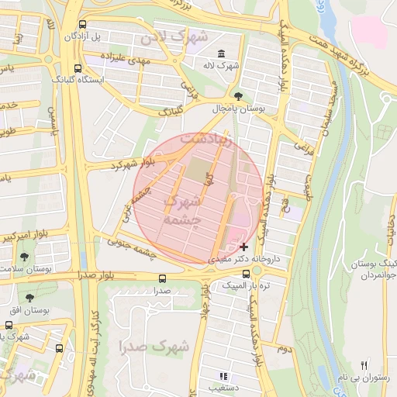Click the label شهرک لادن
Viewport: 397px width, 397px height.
174,37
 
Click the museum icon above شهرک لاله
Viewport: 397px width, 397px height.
222,54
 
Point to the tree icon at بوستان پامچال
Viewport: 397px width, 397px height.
237,97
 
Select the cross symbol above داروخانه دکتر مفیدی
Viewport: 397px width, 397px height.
243,246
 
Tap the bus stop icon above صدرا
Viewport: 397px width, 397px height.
161,278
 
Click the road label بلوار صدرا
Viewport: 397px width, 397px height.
96,275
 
